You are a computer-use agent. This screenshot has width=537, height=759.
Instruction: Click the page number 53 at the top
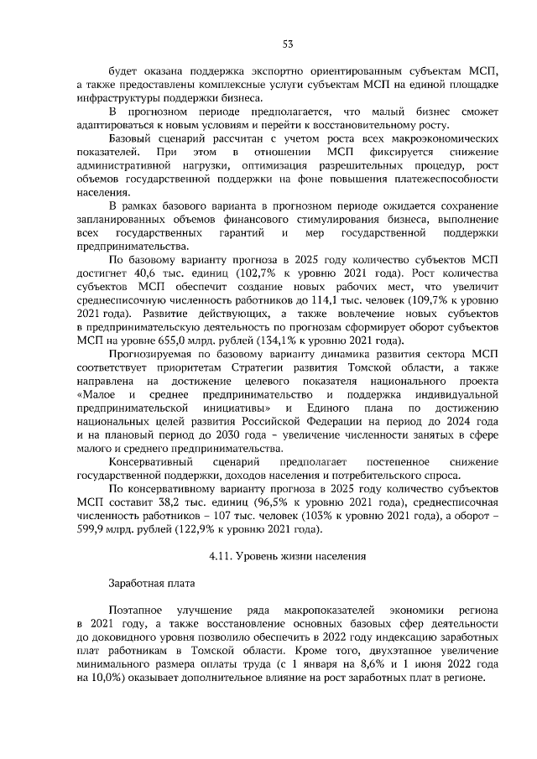pyautogui.click(x=287, y=44)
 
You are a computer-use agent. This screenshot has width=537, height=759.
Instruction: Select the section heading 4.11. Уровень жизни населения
pyautogui.click(x=287, y=555)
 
